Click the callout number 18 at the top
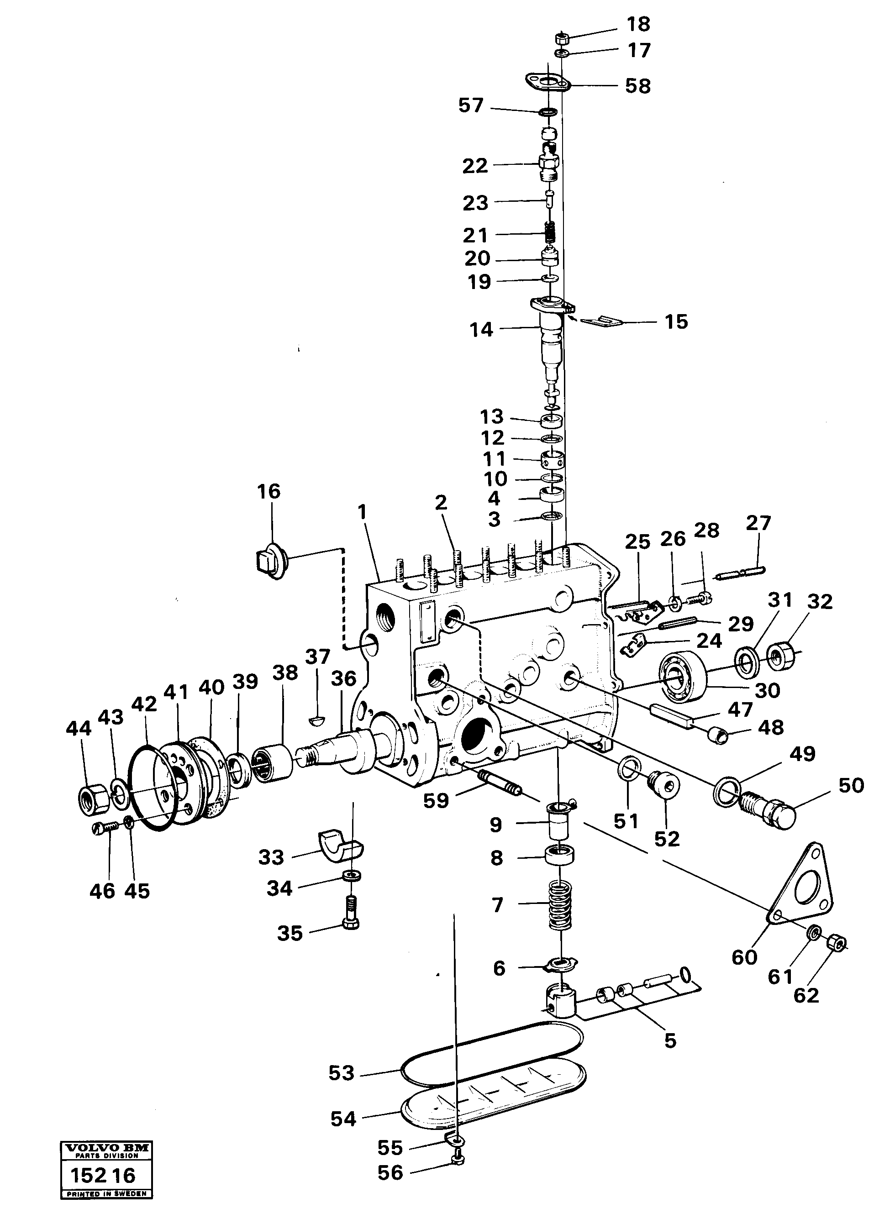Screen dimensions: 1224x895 638,24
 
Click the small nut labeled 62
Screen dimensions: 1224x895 837,945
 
